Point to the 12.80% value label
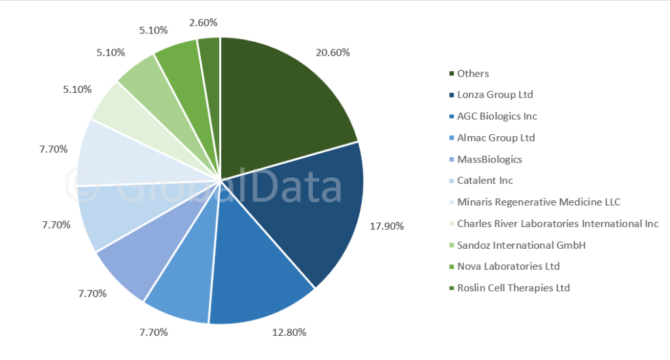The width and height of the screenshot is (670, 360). [289, 332]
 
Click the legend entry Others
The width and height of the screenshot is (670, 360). [473, 73]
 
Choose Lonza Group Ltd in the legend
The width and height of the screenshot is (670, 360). [495, 95]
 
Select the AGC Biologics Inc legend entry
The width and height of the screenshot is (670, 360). [497, 116]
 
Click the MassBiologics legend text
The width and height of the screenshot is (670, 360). [489, 159]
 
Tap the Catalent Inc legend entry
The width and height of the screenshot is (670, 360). [485, 180]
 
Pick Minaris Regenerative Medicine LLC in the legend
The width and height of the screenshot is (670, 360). [538, 202]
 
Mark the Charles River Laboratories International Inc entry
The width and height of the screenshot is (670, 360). [557, 223]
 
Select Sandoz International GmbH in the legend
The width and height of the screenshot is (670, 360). [521, 245]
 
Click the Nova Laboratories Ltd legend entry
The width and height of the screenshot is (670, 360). [508, 266]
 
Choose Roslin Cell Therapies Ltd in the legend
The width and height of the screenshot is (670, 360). [514, 287]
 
